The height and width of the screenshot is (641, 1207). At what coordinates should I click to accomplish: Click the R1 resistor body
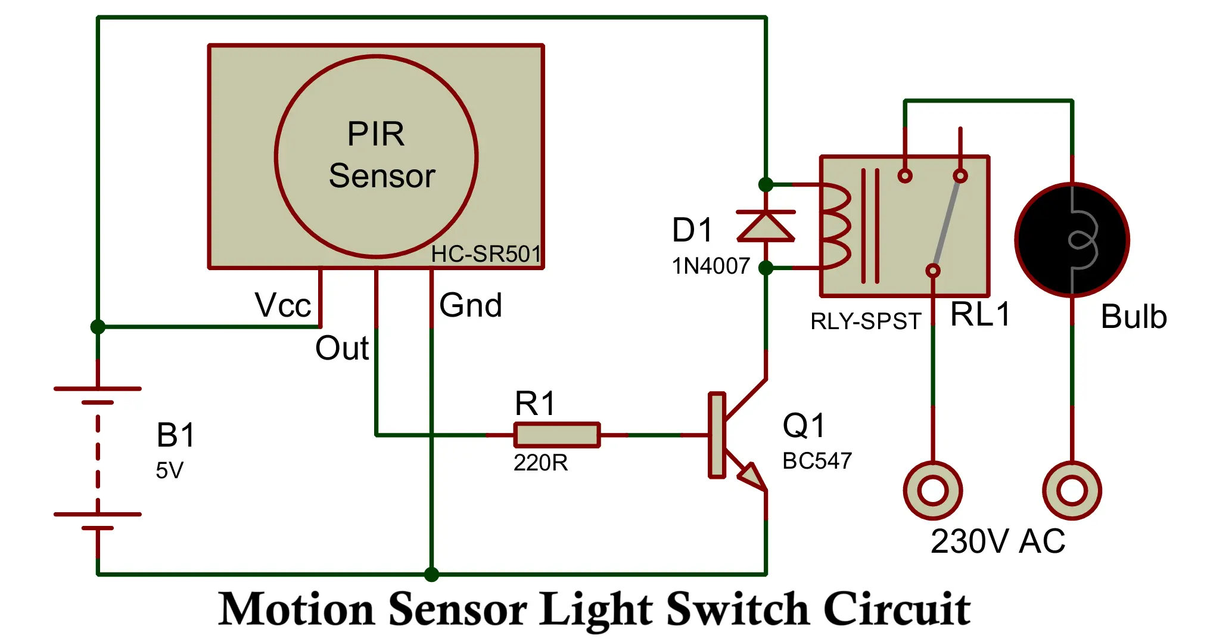pos(557,435)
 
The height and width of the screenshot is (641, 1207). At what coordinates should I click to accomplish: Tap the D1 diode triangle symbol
pos(766,227)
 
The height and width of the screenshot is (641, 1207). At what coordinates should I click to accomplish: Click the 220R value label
pos(540,463)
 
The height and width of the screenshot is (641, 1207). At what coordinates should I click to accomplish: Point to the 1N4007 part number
pos(711,266)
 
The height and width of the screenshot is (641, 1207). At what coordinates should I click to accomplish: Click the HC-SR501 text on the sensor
pos(486,254)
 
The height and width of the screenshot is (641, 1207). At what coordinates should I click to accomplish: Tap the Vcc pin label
pos(282,305)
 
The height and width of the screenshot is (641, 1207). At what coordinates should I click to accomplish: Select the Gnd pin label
pos(470,305)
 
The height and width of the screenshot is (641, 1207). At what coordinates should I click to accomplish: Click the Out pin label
pos(341,348)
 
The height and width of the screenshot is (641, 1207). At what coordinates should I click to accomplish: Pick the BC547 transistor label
pos(817,461)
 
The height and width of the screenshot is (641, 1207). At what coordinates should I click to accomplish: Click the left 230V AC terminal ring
pos(933,491)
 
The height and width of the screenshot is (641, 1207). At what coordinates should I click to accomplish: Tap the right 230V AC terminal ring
pos(1072,491)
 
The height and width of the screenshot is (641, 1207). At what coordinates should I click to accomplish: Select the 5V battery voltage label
pos(169,470)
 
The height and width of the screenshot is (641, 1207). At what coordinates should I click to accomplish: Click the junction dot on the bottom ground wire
pos(431,574)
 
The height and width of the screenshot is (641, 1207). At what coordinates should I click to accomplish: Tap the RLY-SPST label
pos(866,321)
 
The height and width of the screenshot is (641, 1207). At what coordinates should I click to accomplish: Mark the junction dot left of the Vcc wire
pos(98,327)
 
